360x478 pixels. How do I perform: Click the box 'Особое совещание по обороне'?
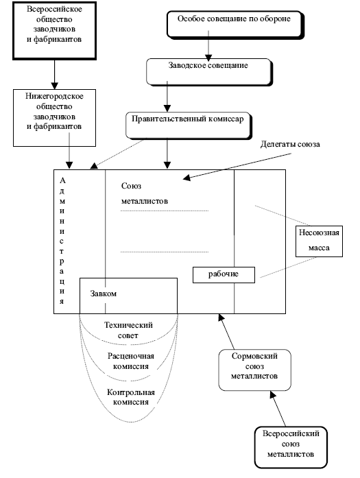tap(235, 25)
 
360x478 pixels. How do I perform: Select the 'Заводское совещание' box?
tap(209, 72)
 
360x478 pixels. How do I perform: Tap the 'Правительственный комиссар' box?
tap(189, 126)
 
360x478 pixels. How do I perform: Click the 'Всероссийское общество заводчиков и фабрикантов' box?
tap(55, 30)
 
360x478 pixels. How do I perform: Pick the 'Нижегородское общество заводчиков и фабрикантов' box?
tap(55, 118)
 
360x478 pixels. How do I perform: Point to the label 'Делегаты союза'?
tap(290, 144)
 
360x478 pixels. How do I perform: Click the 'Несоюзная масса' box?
tap(319, 241)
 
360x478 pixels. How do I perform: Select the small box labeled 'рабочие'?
tap(224, 275)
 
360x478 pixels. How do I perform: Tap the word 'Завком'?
tap(104, 294)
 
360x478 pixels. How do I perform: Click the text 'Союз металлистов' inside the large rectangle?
tap(145, 193)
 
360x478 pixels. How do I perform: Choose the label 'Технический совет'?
tap(128, 330)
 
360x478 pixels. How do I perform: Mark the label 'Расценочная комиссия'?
tap(131, 361)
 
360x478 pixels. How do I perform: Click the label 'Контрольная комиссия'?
tap(131, 397)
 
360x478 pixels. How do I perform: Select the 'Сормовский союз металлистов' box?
tap(255, 370)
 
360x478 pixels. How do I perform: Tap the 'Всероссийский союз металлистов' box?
tap(291, 448)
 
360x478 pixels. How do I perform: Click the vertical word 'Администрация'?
tap(62, 241)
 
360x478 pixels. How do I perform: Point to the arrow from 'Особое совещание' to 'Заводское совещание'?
tap(208, 46)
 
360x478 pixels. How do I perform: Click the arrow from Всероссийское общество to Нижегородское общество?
tap(55, 74)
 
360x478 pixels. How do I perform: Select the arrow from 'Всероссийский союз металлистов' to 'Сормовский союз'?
tap(278, 409)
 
